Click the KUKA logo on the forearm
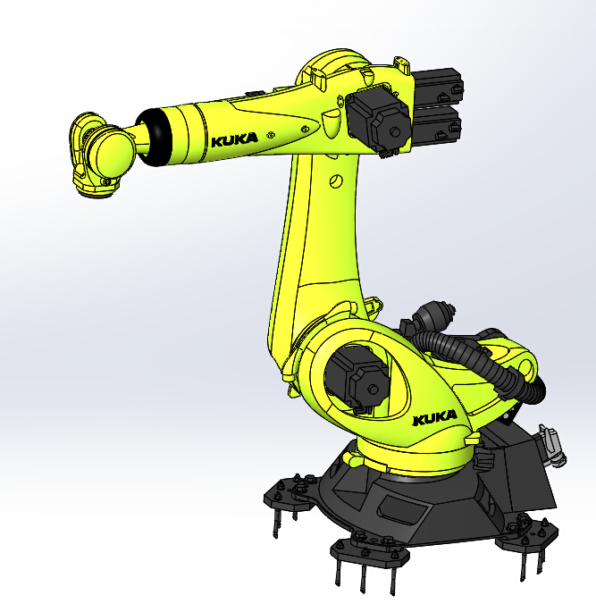click(234, 139)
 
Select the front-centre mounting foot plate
click(366, 547)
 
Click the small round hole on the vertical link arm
click(336, 181)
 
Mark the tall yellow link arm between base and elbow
click(317, 250)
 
